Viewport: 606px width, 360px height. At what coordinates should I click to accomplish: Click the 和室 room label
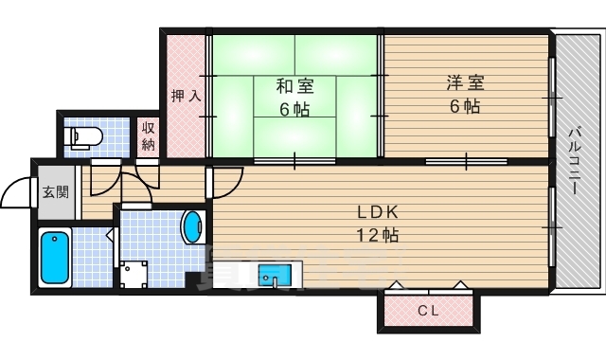[x=294, y=86]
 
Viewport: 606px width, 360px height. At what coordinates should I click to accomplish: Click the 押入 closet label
[x=187, y=96]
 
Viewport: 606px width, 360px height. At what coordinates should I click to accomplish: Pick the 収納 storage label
[x=149, y=136]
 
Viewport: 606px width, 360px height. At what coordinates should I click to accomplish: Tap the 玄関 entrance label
[x=55, y=191]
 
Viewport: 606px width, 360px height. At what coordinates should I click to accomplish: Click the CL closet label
[x=428, y=311]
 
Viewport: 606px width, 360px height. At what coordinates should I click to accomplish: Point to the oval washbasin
[x=191, y=226]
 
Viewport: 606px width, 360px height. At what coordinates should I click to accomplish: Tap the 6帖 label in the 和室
[x=294, y=109]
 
